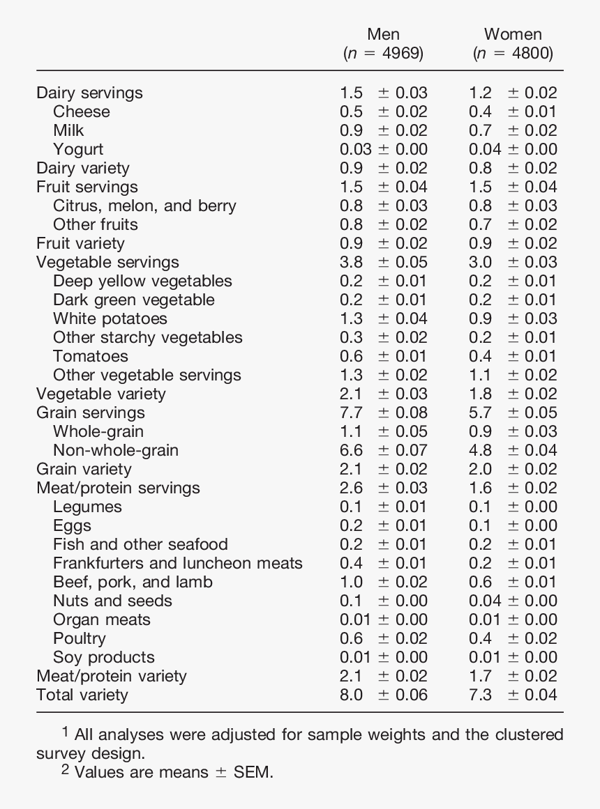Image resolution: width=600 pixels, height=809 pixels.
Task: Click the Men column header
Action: [x=383, y=34]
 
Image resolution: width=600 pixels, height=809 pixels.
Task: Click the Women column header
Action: [x=513, y=34]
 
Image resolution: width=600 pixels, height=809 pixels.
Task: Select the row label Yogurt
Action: [x=78, y=149]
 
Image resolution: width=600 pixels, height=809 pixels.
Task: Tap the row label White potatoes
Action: [x=110, y=318]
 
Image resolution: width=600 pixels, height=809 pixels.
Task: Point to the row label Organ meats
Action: [x=102, y=619]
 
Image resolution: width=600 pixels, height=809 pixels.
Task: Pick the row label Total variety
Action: [x=82, y=695]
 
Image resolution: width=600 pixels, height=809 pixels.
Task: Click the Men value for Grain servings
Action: [x=384, y=413]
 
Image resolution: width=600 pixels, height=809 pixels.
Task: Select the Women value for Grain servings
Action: [x=513, y=413]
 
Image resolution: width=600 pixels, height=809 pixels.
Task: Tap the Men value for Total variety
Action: [x=384, y=695]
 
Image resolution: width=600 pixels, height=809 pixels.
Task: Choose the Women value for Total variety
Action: [x=513, y=695]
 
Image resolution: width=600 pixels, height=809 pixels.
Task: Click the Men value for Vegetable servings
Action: [x=384, y=262]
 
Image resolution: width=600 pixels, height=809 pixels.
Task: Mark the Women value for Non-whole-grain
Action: [x=513, y=450]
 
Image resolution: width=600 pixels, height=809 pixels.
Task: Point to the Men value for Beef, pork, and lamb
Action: [x=384, y=582]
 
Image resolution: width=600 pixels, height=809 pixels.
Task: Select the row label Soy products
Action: [x=104, y=657]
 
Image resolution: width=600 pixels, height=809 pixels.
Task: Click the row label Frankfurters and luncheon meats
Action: [x=178, y=563]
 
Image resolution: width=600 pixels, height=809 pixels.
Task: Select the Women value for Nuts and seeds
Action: [x=513, y=601]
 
